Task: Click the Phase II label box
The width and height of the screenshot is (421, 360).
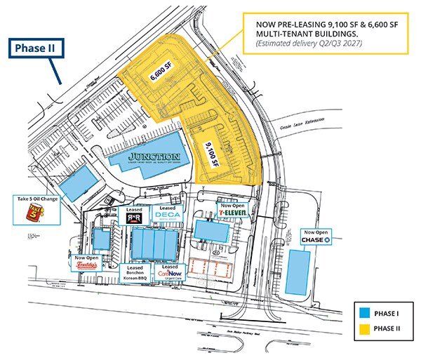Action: pyautogui.click(x=36, y=49)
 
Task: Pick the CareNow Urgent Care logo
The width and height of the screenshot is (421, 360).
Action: pyautogui.click(x=170, y=274)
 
